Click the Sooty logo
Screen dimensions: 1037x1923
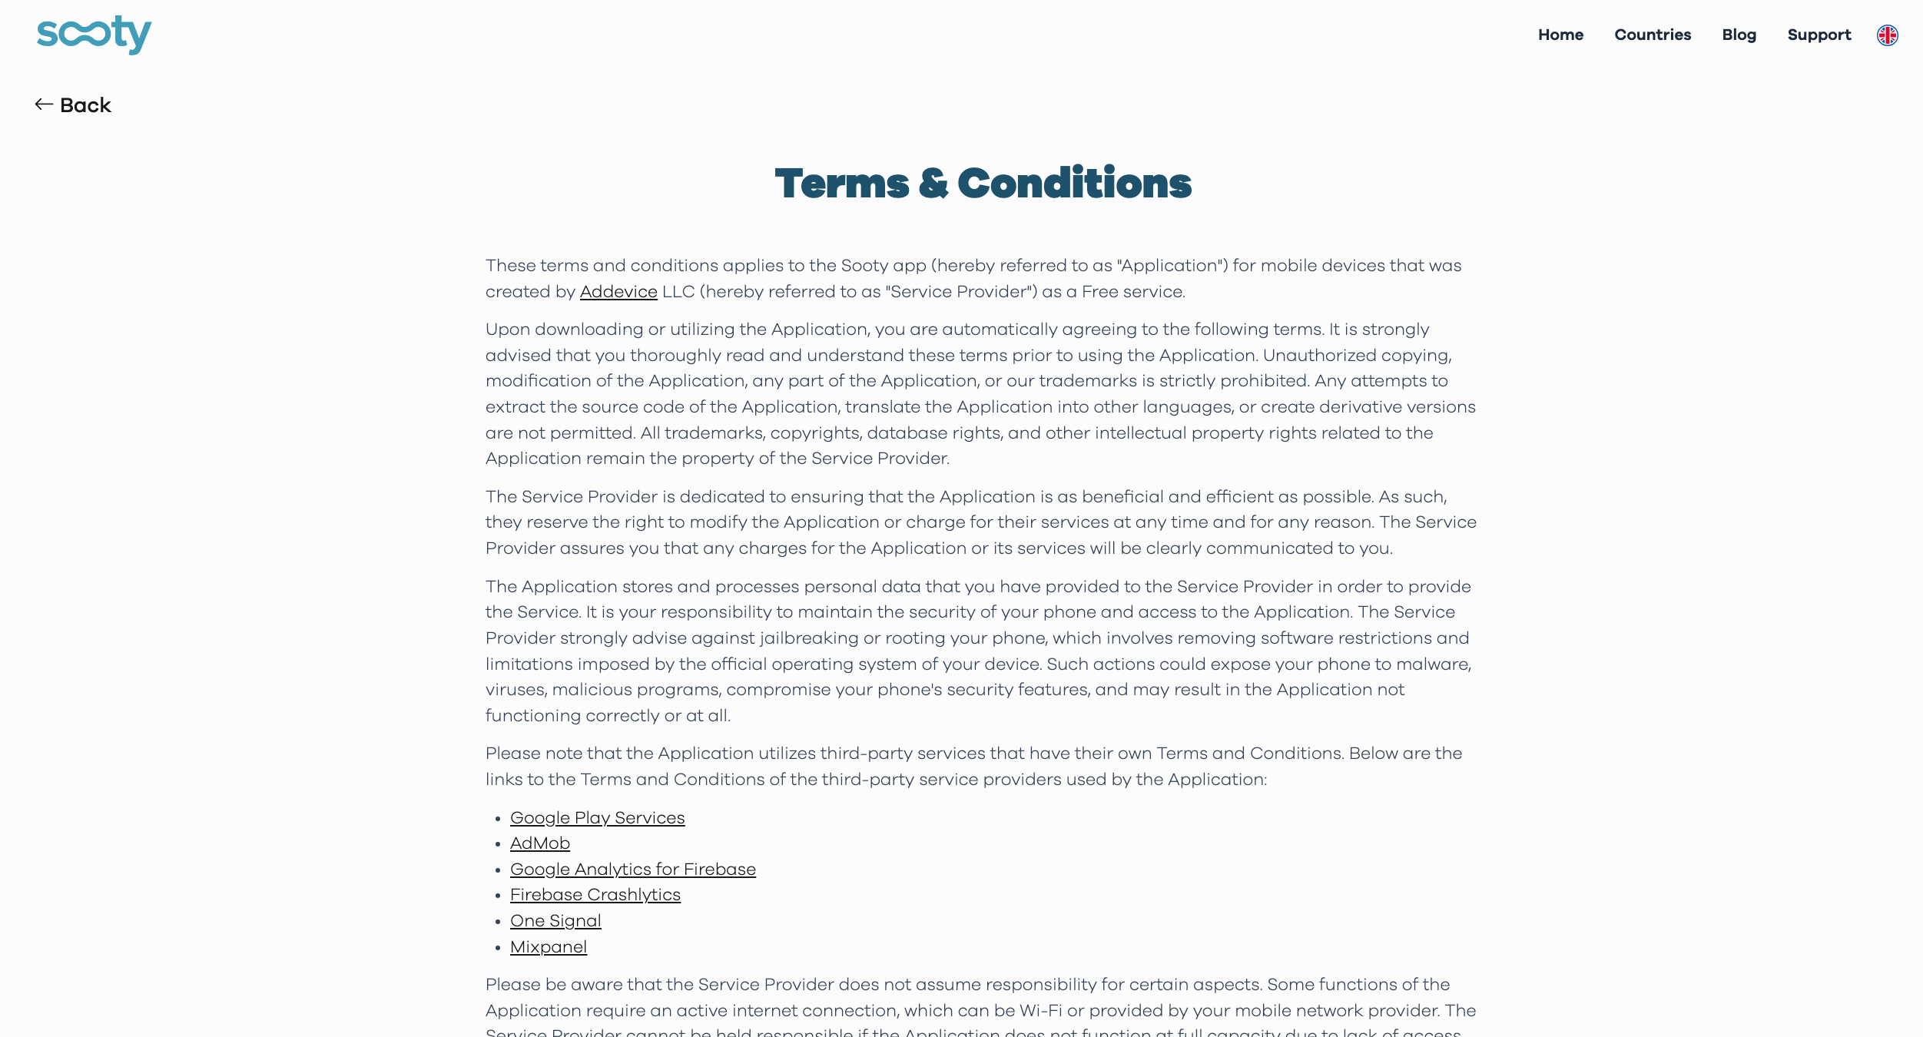point(94,35)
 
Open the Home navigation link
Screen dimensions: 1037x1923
point(1560,35)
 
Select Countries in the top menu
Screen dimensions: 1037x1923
point(1653,35)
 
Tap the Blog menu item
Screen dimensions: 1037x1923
point(1739,35)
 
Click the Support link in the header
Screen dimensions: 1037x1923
point(1819,35)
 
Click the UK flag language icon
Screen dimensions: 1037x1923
point(1887,35)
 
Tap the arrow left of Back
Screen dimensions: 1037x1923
point(44,104)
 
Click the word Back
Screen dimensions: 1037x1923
point(85,105)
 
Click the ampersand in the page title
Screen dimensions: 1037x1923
point(933,184)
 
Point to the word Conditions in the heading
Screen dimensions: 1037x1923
point(1074,184)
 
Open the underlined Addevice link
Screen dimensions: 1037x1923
point(618,292)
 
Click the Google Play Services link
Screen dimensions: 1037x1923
point(597,818)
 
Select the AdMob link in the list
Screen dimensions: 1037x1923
point(539,843)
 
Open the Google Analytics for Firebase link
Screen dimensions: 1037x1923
point(632,870)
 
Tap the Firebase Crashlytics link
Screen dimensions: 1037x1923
point(595,895)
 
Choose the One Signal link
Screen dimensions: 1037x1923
point(555,921)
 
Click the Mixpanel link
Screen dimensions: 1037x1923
point(548,947)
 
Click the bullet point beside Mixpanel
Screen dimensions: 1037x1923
point(498,948)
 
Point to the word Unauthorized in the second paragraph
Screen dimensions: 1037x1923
point(1319,356)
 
